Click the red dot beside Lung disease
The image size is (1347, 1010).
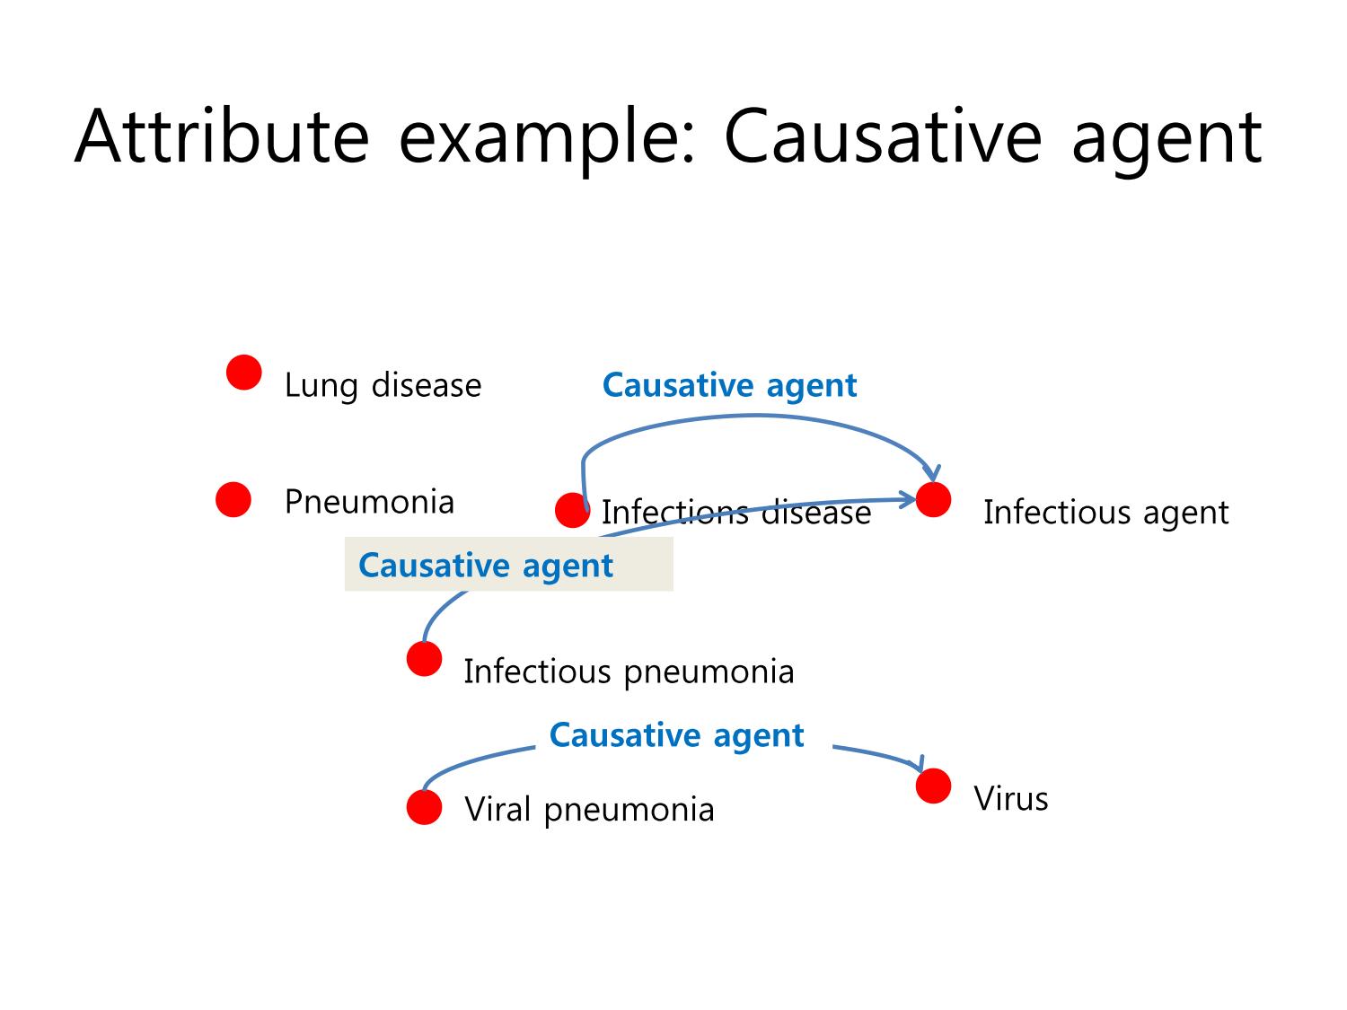tap(243, 373)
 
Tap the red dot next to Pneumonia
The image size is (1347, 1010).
tap(233, 499)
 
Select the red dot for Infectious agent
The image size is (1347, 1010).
tap(933, 500)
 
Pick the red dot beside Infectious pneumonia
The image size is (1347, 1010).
tap(424, 659)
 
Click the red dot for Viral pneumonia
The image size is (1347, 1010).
tap(424, 807)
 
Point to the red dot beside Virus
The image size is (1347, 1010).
tap(933, 786)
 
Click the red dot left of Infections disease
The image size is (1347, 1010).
tap(573, 510)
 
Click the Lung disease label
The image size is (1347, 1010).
tap(383, 386)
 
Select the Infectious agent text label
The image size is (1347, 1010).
tap(1105, 513)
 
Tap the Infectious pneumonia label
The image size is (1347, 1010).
tap(629, 672)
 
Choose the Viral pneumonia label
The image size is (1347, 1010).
tap(589, 810)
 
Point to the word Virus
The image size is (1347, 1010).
tap(1011, 799)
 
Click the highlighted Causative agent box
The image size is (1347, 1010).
tap(509, 564)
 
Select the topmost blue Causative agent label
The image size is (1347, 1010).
tap(730, 386)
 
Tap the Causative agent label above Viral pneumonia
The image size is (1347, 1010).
tap(676, 736)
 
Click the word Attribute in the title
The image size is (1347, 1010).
tap(222, 136)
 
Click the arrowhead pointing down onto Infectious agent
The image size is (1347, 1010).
tap(932, 474)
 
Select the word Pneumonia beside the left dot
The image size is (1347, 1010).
tap(369, 502)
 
